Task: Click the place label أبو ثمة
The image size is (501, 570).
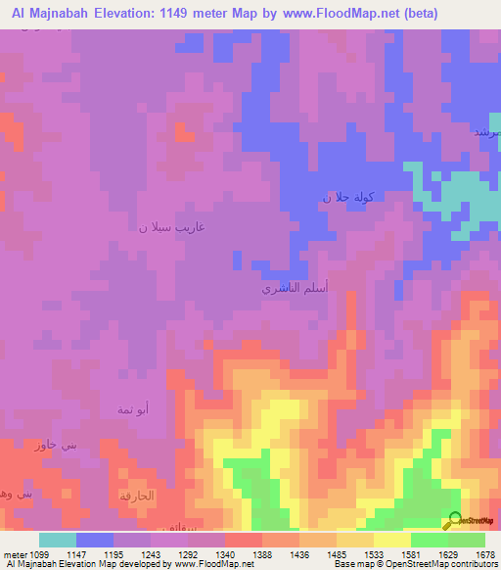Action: click(133, 408)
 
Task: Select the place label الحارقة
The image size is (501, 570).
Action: click(137, 496)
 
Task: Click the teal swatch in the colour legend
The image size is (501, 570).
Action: click(58, 540)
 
